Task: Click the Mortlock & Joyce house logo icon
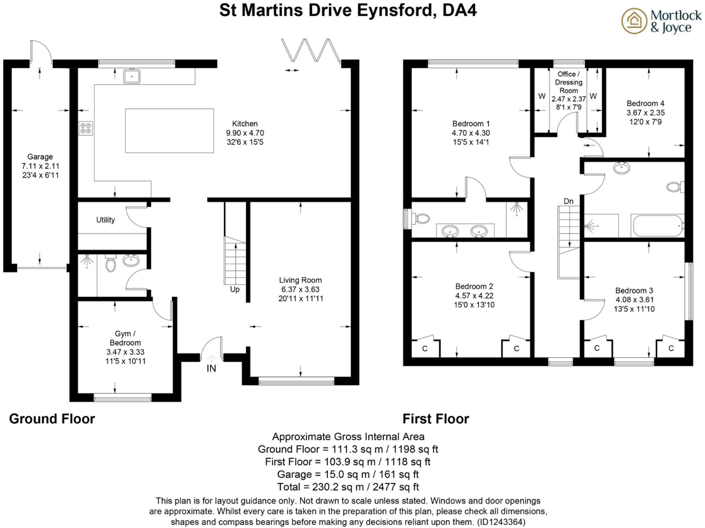(x=634, y=21)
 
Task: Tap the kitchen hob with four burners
(x=86, y=128)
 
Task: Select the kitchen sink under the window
(x=132, y=77)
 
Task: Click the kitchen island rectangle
(x=169, y=131)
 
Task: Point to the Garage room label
(x=40, y=157)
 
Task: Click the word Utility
(x=106, y=220)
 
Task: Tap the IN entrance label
(x=211, y=368)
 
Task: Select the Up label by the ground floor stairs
(x=235, y=289)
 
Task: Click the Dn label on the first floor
(x=569, y=201)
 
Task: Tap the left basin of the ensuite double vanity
(x=450, y=231)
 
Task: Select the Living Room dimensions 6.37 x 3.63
(x=300, y=289)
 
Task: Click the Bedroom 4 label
(x=646, y=103)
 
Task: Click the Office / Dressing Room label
(x=569, y=82)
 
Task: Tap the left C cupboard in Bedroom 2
(x=425, y=349)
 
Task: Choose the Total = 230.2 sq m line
(x=348, y=487)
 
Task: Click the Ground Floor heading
(x=52, y=419)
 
